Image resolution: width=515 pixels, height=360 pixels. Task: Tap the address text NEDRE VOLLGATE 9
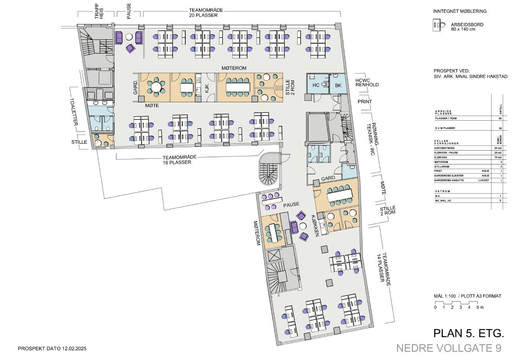point(449,348)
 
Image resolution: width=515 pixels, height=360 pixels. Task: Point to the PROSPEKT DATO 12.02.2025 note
point(52,349)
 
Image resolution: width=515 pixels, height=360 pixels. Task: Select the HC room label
point(316,85)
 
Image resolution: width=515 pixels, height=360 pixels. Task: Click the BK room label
point(338,85)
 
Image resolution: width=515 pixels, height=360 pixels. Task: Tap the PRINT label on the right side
point(364,102)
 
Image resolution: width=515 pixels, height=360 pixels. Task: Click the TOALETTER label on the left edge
point(73,111)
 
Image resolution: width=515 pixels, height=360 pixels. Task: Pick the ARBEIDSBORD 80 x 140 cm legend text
point(467,27)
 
